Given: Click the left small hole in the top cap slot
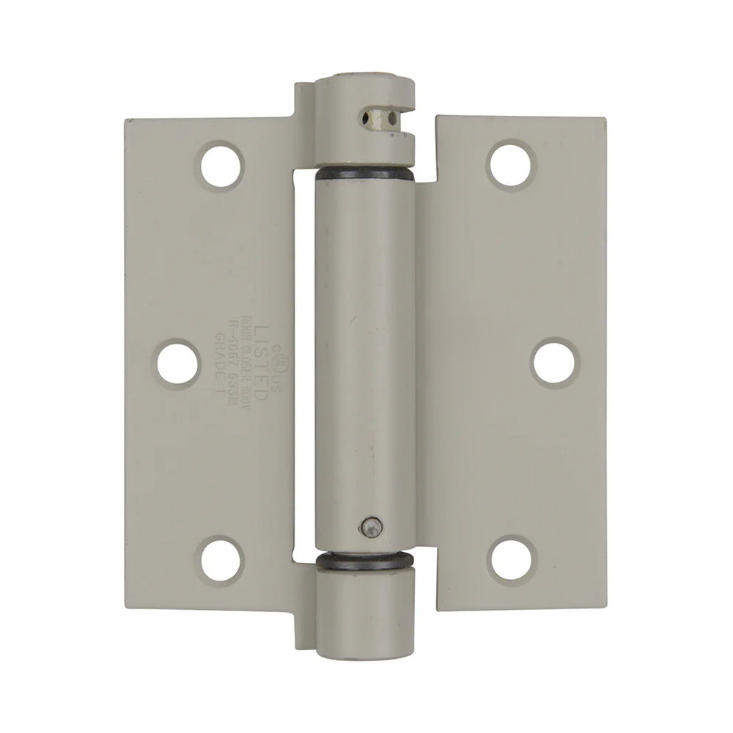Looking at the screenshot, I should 365,114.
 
